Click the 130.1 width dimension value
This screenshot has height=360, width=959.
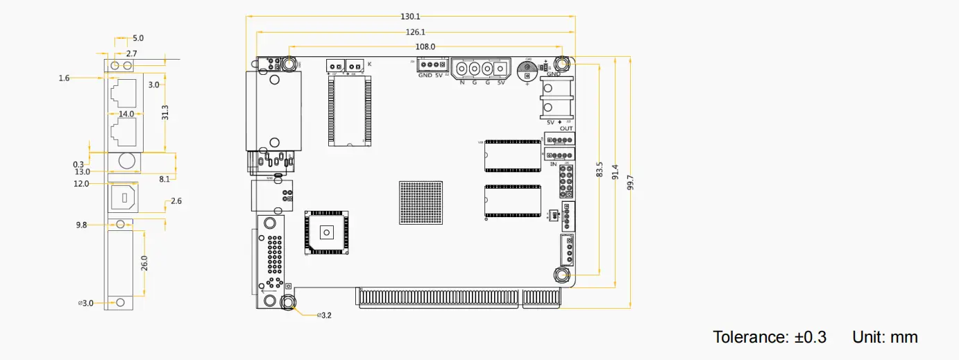tap(410, 16)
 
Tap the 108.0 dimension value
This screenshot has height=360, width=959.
tap(425, 46)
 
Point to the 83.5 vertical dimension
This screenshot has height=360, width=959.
tap(600, 170)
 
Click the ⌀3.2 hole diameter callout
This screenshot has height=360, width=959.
tap(324, 316)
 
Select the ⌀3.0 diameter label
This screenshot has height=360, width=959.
tap(86, 303)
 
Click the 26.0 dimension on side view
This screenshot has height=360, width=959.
tap(144, 264)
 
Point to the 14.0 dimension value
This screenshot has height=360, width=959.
tap(126, 114)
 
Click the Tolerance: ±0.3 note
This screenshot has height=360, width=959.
tap(770, 338)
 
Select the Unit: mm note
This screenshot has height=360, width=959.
tap(885, 338)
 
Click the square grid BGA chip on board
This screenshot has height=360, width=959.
tap(421, 203)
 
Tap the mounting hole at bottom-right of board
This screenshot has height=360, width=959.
tap(561, 275)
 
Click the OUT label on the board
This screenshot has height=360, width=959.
tap(566, 129)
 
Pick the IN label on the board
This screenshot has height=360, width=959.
tap(554, 164)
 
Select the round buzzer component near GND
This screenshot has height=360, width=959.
tap(528, 70)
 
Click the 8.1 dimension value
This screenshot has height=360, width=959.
tap(164, 179)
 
